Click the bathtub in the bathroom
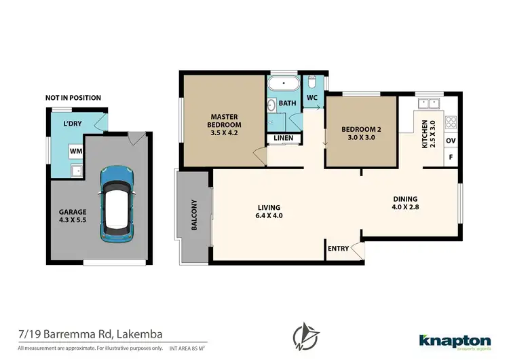point(279,86)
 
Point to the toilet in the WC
point(312,84)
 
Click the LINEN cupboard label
point(284,139)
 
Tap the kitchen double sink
point(428,104)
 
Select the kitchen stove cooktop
point(451,123)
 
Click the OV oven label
point(450,141)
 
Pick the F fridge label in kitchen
point(450,158)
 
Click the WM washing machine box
point(75,150)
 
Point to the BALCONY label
point(193,215)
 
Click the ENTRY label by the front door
point(338,249)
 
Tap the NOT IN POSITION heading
point(73,98)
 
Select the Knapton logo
point(453,340)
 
